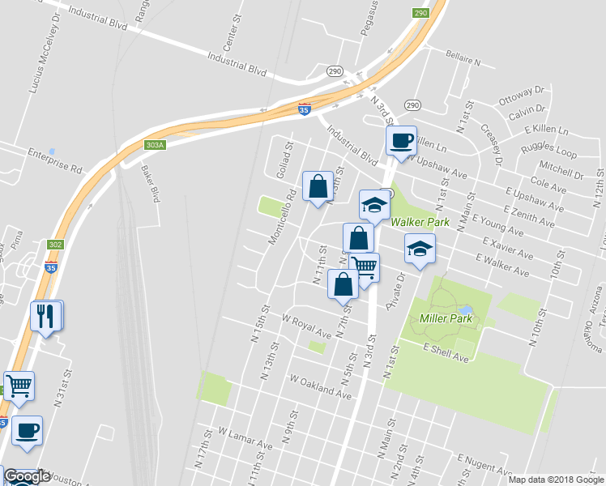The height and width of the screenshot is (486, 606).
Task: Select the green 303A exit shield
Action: pyautogui.click(x=155, y=145)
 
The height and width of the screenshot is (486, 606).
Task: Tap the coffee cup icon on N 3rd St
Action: pyautogui.click(x=400, y=140)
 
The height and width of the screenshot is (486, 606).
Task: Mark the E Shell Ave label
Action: pyautogui.click(x=446, y=352)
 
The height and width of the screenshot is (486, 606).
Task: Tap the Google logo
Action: pyautogui.click(x=27, y=476)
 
